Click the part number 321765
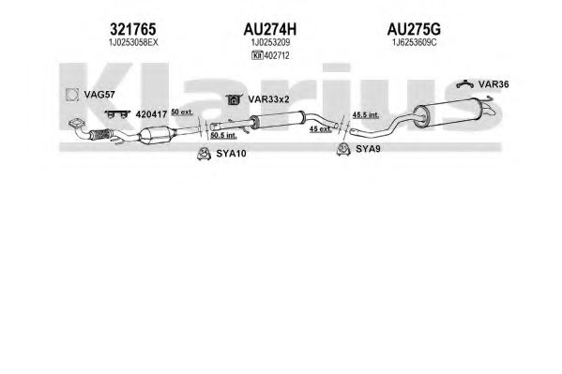click(132, 29)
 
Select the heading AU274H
click(270, 29)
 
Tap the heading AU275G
click(414, 29)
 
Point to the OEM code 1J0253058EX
click(133, 42)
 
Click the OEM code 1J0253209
click(270, 42)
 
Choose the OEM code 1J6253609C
click(414, 42)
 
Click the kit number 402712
click(277, 55)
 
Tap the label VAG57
click(99, 95)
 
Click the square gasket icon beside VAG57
click(72, 95)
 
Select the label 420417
click(151, 114)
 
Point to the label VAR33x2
click(268, 99)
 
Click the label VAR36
click(494, 84)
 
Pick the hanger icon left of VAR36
click(465, 84)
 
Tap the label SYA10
click(231, 154)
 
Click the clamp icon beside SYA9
click(343, 149)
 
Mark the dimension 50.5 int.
click(223, 135)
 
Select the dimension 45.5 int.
click(366, 115)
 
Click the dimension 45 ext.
click(321, 129)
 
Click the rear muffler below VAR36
click(448, 112)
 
